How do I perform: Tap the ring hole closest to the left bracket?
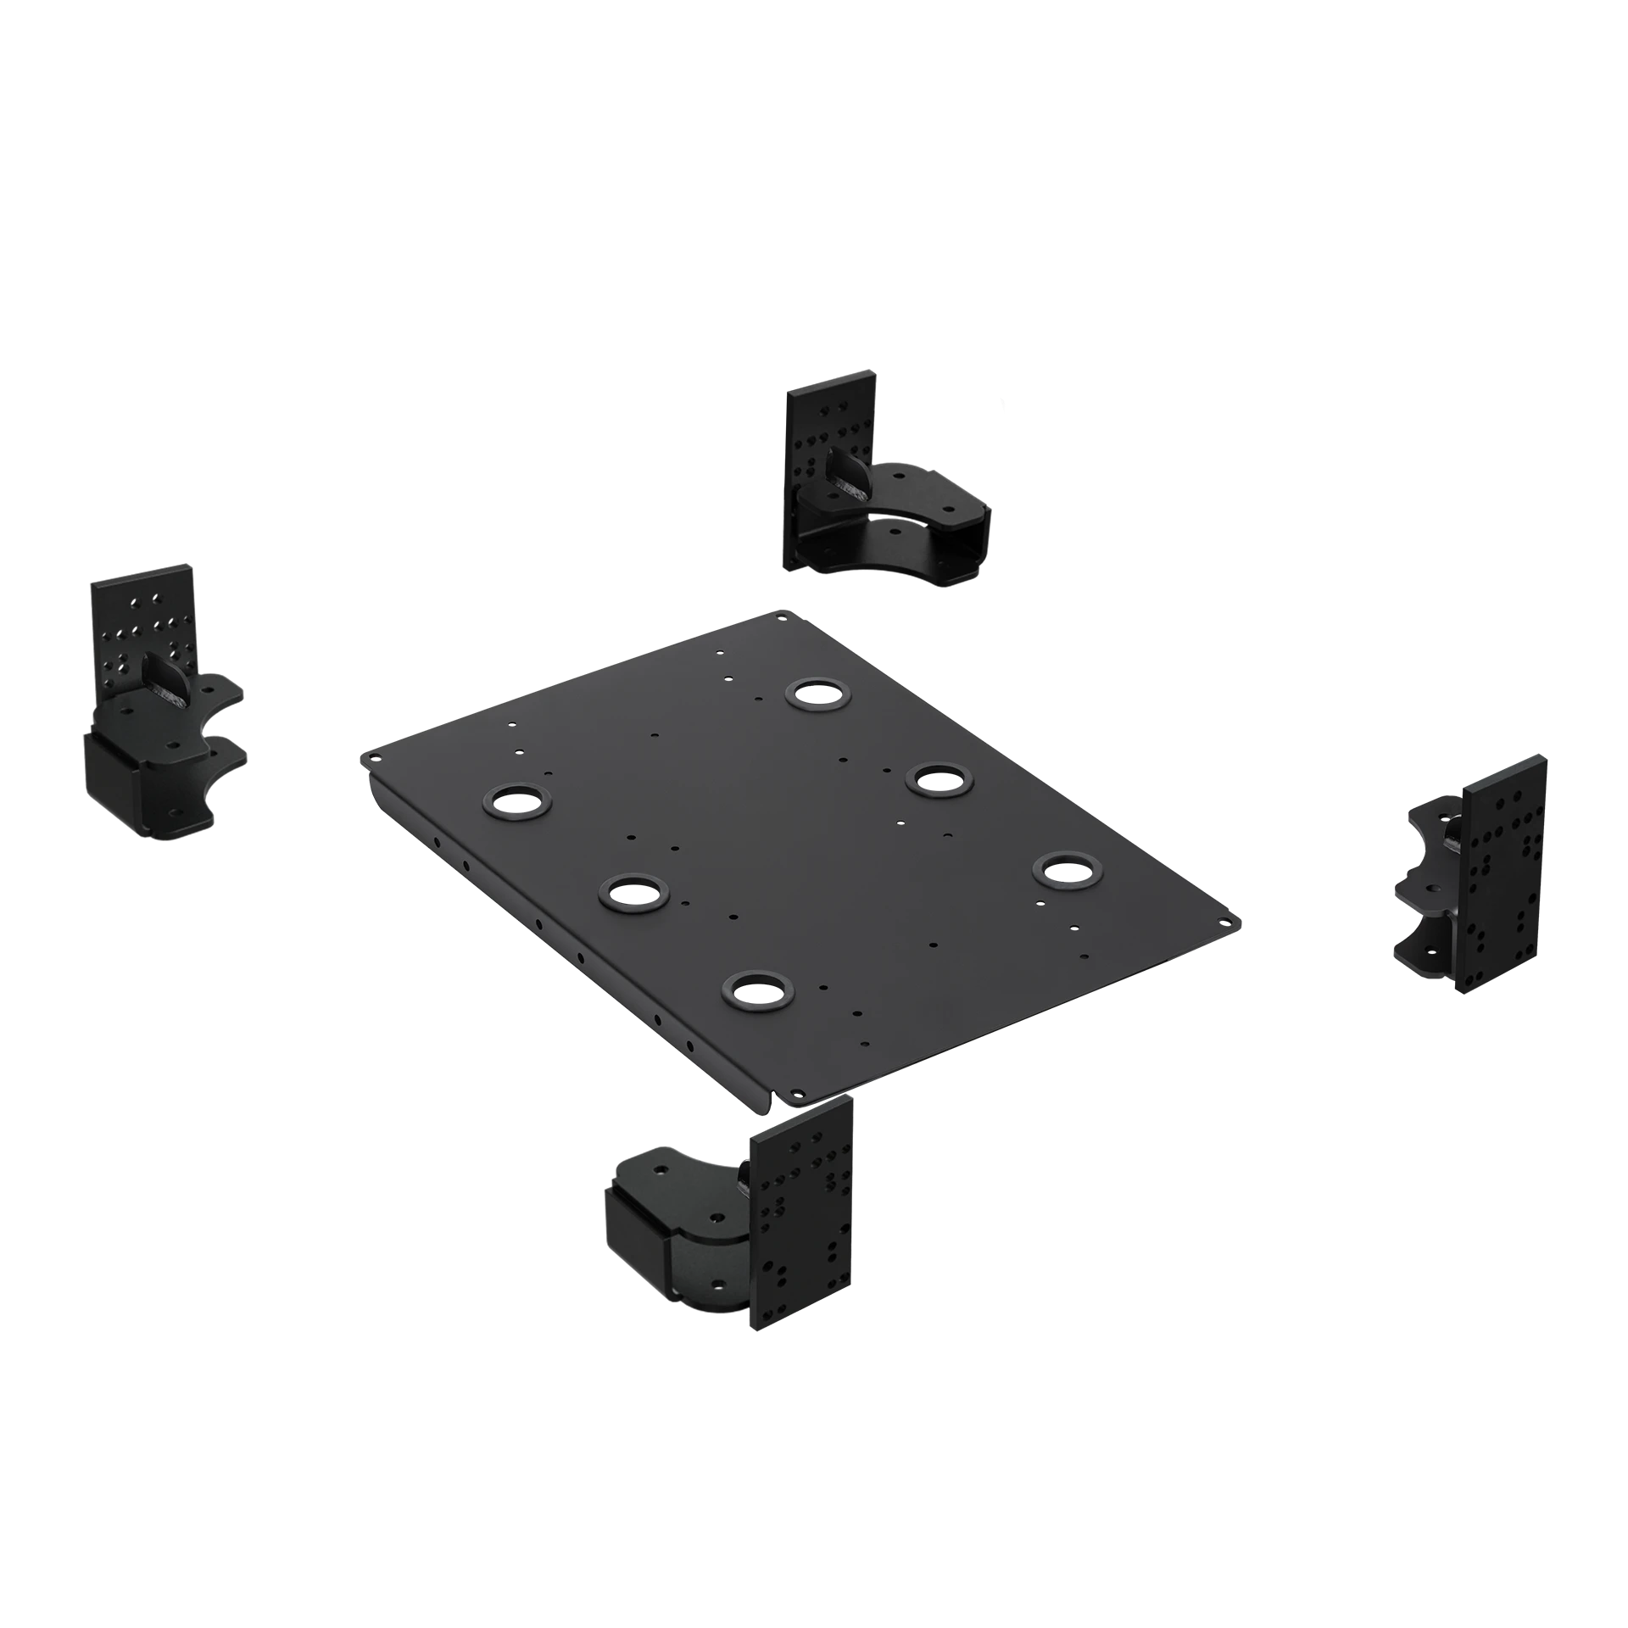point(517,800)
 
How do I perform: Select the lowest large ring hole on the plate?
point(756,988)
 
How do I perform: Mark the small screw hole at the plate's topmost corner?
point(781,616)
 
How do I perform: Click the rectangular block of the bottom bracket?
point(634,1221)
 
